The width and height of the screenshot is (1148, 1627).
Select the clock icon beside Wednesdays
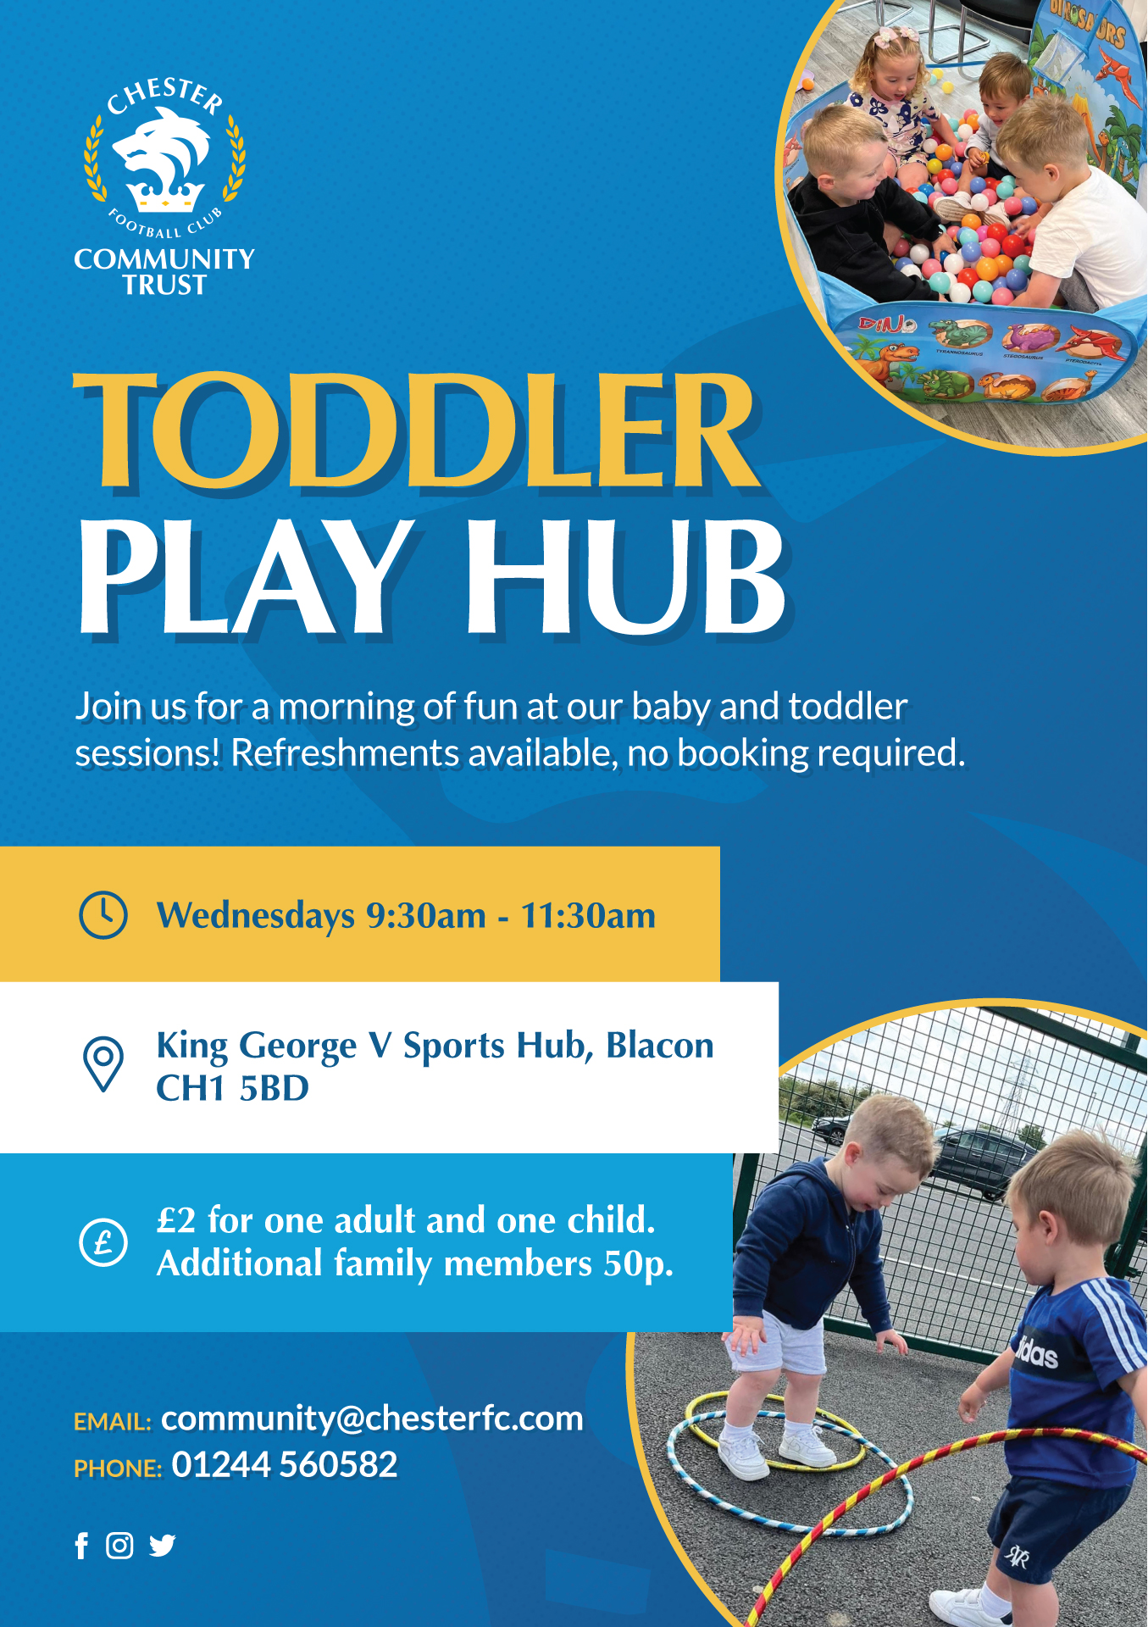(x=103, y=914)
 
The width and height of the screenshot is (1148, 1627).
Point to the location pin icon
(x=103, y=1063)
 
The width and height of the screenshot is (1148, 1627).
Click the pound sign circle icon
(x=103, y=1242)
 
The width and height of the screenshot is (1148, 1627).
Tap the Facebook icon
(x=81, y=1546)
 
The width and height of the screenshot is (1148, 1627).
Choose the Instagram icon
(x=119, y=1546)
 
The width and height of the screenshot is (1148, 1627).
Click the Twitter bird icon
(x=162, y=1546)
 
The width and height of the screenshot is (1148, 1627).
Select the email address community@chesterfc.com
(x=372, y=1419)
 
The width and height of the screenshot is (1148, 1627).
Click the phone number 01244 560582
(x=285, y=1465)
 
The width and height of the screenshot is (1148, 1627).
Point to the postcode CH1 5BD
(x=233, y=1089)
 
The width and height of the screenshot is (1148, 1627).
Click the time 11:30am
(x=588, y=916)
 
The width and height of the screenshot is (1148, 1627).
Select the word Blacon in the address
(x=660, y=1046)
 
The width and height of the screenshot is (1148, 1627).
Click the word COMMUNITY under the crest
(x=164, y=259)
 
